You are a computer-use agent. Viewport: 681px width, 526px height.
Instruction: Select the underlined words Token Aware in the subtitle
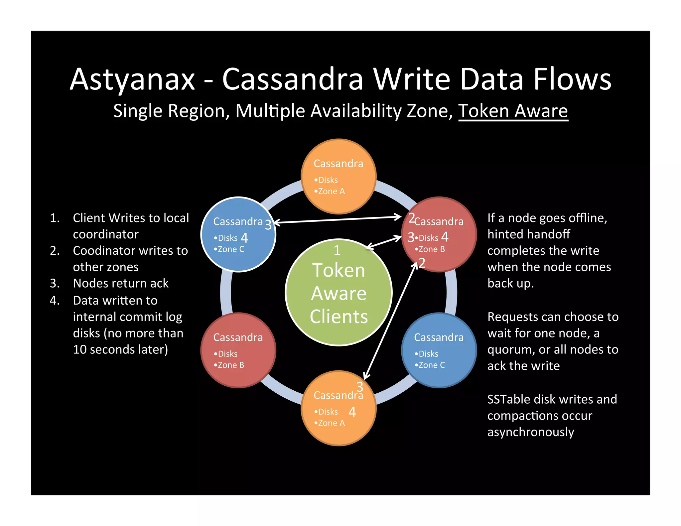[x=513, y=111]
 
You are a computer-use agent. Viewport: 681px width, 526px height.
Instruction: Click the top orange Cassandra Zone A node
[x=339, y=176]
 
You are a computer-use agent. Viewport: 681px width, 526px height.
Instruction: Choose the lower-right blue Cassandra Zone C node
[x=439, y=350]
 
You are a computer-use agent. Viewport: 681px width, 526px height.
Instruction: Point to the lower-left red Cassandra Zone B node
[x=238, y=350]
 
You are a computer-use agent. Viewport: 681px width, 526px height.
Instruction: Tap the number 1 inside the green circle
[x=337, y=250]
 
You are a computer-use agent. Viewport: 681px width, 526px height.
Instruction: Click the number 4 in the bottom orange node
[x=352, y=412]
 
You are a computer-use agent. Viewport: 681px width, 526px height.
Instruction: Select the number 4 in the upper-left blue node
[x=244, y=238]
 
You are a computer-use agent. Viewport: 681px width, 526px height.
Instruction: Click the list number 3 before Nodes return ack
[x=55, y=283]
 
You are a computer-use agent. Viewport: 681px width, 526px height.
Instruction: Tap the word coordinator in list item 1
[x=106, y=234]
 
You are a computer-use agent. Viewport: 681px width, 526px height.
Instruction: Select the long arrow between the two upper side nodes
[x=338, y=220]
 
